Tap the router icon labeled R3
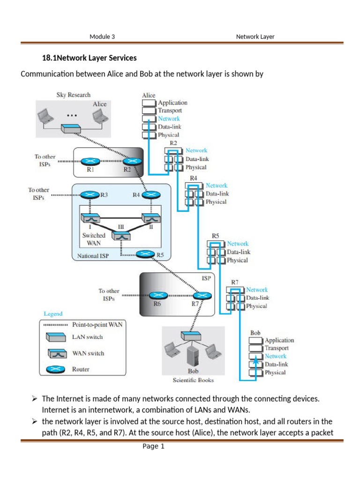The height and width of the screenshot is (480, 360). [88, 195]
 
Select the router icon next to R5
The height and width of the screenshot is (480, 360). [145, 255]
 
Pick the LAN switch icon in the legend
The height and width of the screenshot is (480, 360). [56, 337]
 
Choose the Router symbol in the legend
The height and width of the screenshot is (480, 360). [56, 370]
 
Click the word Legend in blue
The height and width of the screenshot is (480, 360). [53, 314]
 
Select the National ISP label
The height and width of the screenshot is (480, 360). [94, 256]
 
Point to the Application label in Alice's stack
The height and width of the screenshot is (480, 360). [172, 103]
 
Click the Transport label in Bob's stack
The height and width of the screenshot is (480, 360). [277, 348]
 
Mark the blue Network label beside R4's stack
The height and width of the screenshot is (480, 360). [216, 186]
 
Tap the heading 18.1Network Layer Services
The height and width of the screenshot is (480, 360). [90, 58]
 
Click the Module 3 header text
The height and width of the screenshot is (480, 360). [102, 37]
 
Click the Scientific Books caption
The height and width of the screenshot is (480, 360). [194, 380]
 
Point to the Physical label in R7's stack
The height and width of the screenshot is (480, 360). [256, 306]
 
